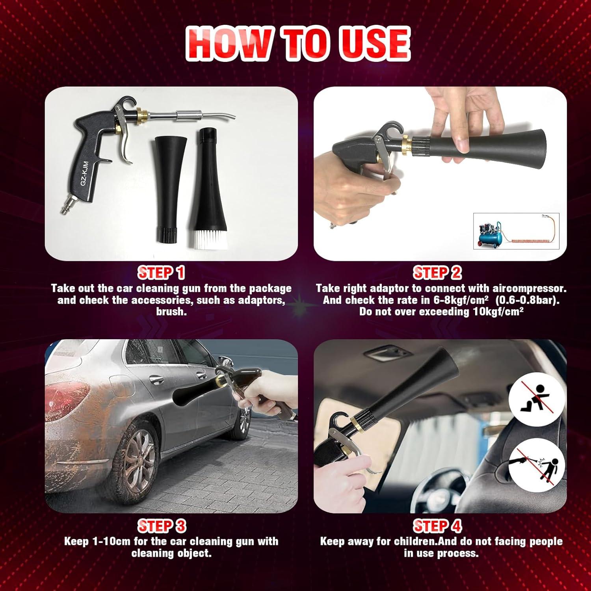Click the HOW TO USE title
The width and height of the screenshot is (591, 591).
coord(298,43)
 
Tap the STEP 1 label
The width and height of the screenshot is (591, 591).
coord(161,273)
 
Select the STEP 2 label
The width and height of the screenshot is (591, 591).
coord(437,273)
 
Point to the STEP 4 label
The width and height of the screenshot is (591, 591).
coord(437,526)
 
